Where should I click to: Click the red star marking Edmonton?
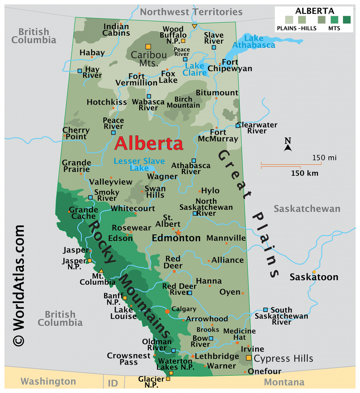coord(178,233)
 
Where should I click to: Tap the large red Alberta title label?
coord(149,144)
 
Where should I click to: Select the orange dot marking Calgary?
coord(167,311)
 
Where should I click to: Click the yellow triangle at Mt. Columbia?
coord(101,271)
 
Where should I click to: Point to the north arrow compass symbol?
coord(288,145)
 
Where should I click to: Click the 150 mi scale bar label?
coord(324,158)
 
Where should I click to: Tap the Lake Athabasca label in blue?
coord(260,41)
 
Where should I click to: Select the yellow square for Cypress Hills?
coord(249,358)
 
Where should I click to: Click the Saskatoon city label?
coord(314,277)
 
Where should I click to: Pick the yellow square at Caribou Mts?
coord(148,46)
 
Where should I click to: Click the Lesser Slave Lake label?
coord(139,165)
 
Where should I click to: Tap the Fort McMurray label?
coord(218,135)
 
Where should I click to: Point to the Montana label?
coord(284,382)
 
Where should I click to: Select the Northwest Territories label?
coord(191,12)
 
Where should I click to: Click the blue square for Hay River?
coord(80,71)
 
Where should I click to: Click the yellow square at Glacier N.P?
coord(168,379)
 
